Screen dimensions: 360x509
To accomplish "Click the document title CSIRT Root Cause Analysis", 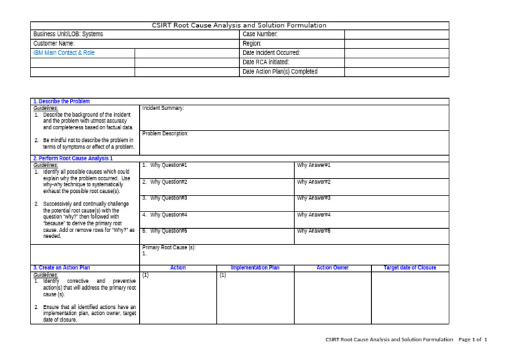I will [239, 25].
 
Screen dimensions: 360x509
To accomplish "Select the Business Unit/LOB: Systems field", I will [68, 34].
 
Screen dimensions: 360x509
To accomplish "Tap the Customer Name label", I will [54, 43].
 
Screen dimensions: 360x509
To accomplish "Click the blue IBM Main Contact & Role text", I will [64, 52].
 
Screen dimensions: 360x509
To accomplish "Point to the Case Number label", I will [260, 34].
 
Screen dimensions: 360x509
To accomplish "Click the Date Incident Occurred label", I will [271, 52].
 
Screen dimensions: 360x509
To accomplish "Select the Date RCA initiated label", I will [266, 62].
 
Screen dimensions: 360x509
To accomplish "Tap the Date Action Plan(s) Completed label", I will [280, 72].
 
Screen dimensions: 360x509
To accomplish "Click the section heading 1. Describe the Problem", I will [61, 101].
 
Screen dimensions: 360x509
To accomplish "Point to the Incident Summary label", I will [163, 108].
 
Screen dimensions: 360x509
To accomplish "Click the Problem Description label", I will [165, 133].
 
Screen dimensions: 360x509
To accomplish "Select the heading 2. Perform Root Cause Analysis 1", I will [73, 158].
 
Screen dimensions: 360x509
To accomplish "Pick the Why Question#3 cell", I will [165, 198].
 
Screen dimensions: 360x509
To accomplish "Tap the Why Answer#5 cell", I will [313, 231].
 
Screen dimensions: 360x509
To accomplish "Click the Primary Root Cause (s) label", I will [169, 247].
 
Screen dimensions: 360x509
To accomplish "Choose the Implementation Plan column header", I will [255, 268].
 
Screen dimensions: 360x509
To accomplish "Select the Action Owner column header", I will [333, 268].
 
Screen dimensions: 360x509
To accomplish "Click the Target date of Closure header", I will [410, 268].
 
